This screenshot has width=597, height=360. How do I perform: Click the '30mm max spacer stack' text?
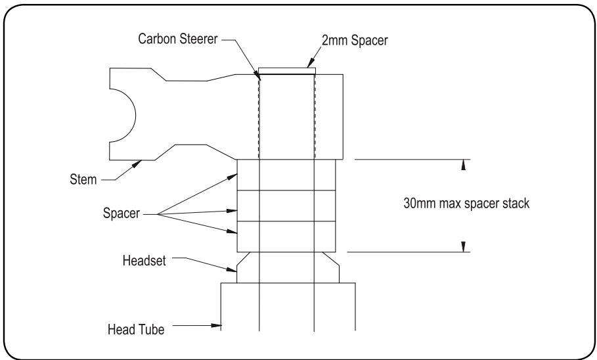click(x=466, y=204)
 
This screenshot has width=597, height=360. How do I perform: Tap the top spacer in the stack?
click(x=286, y=175)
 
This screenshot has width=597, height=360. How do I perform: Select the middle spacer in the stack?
click(x=286, y=206)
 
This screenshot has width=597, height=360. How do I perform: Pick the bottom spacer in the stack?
click(x=286, y=236)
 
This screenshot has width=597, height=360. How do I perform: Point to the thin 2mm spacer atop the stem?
click(x=287, y=70)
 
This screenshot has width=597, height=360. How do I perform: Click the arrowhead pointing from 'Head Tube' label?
click(x=219, y=324)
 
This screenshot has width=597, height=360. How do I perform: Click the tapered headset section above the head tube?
click(x=287, y=267)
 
